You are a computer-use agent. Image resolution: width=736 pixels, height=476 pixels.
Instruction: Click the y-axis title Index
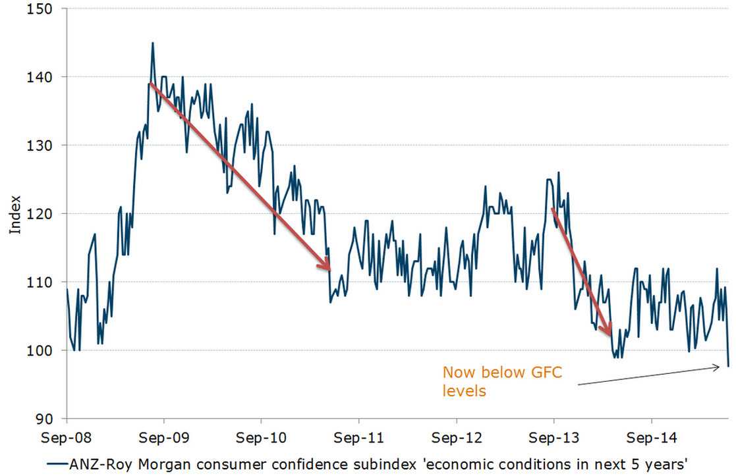click(x=14, y=214)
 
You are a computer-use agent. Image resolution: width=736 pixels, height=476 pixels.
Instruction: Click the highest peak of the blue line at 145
click(x=152, y=43)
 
